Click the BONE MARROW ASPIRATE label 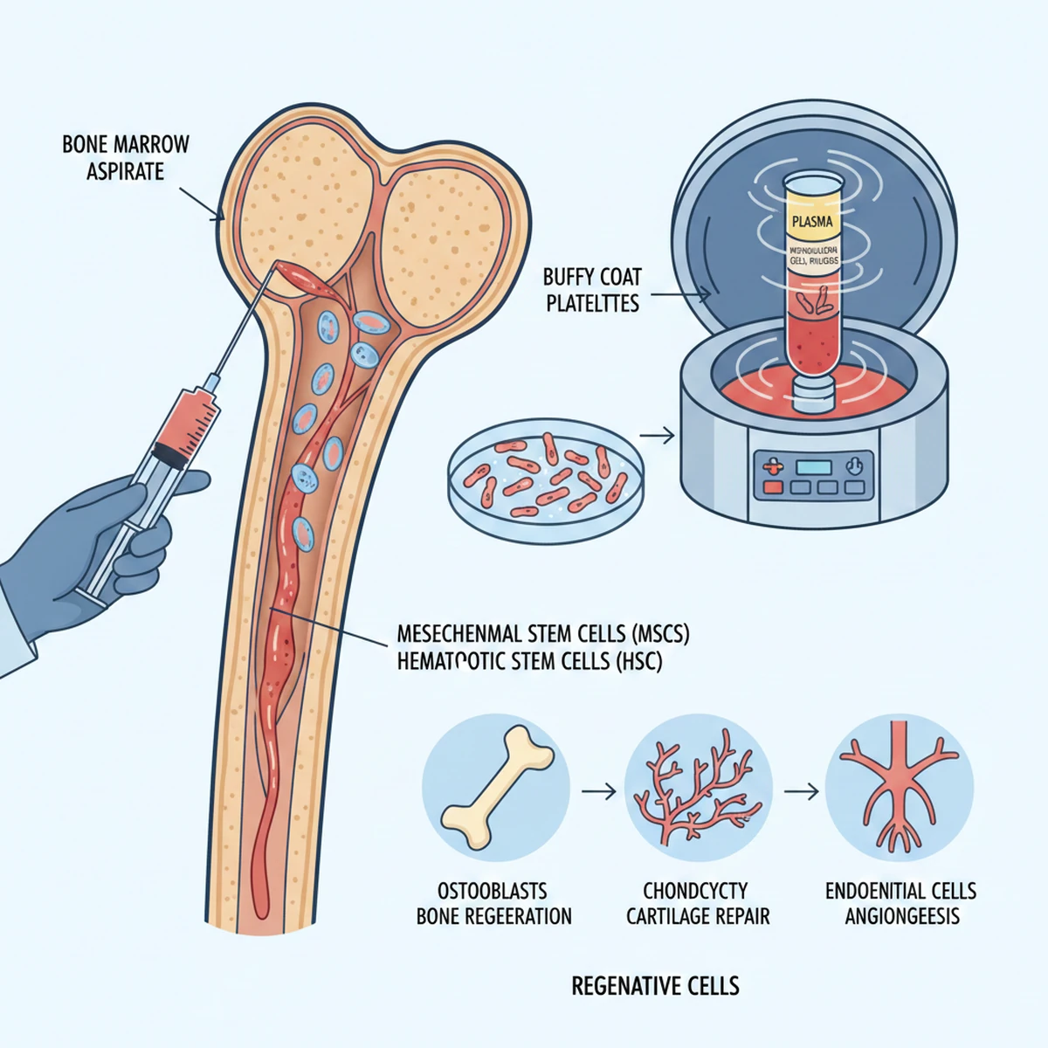[125, 157]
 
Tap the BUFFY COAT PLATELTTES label [592, 290]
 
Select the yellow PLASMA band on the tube [811, 221]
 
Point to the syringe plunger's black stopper [165, 452]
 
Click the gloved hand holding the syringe [96, 541]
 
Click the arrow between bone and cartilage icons [598, 791]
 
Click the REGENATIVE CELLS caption [655, 986]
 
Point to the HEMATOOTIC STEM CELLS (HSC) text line [529, 661]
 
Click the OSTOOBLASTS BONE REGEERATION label [493, 903]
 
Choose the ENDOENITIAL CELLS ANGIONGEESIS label [900, 903]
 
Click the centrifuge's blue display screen [813, 466]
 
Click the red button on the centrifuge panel [772, 487]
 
